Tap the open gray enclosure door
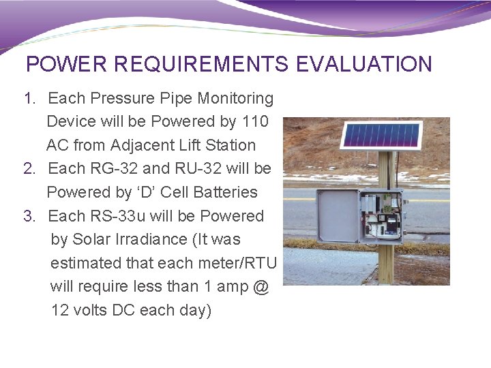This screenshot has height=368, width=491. click(x=338, y=216)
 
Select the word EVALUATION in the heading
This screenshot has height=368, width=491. click(x=364, y=64)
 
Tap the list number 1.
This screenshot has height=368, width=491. click(x=29, y=99)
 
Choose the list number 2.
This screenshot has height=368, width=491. click(x=29, y=168)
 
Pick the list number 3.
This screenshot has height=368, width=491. click(x=29, y=216)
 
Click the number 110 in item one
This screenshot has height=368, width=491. click(x=255, y=122)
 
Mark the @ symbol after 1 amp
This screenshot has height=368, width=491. click(x=260, y=287)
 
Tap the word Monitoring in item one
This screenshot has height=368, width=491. click(x=235, y=99)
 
